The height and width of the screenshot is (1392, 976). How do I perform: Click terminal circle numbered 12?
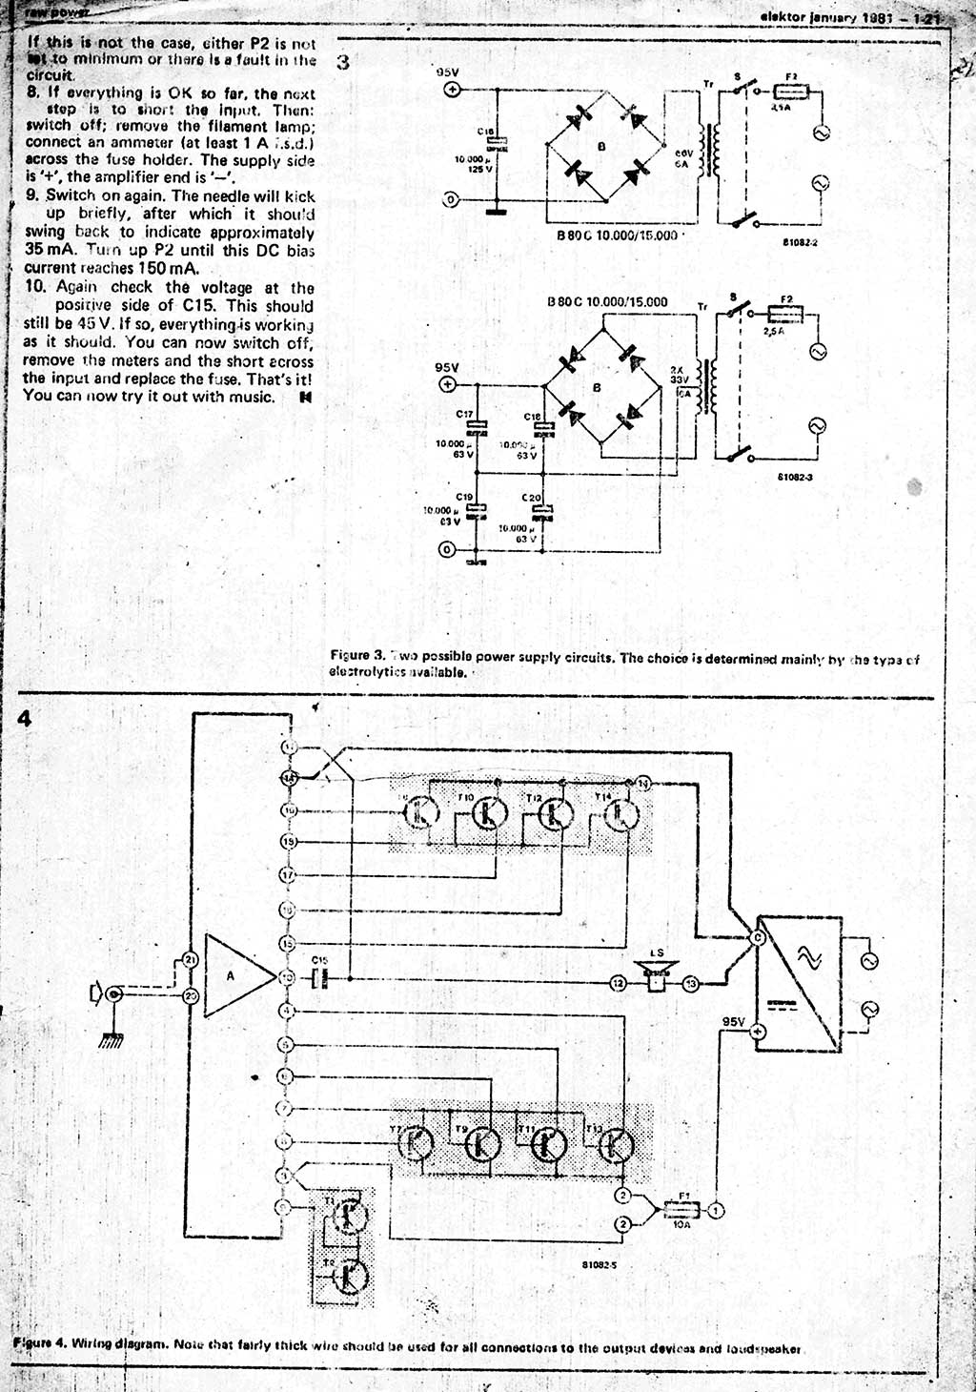pos(619,982)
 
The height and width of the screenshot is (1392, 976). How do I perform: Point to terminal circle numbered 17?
pos(289,874)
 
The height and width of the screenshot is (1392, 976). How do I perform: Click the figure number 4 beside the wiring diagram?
pos(25,719)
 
